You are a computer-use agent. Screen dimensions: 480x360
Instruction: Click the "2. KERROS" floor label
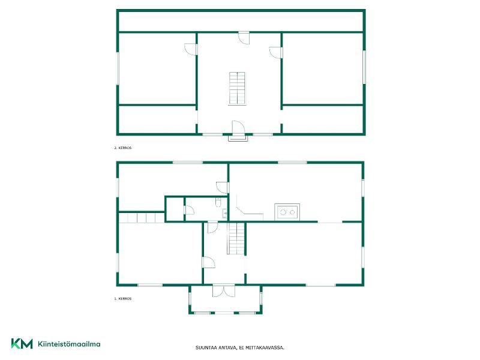(123, 148)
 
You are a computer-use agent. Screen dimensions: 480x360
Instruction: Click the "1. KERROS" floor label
(123, 299)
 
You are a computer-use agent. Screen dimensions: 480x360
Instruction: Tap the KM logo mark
(22, 343)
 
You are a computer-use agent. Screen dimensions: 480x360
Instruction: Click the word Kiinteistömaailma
(69, 344)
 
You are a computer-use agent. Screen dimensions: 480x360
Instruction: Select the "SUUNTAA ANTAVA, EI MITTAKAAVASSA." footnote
(240, 348)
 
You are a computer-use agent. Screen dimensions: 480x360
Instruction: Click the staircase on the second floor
(237, 88)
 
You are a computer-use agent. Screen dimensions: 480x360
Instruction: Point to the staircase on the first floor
(236, 238)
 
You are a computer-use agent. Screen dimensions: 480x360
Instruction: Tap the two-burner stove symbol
(287, 212)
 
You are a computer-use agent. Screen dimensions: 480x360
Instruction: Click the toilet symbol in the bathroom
(218, 202)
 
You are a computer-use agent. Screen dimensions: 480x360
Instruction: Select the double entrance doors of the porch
(224, 291)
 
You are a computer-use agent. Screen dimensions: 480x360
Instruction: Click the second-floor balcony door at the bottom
(238, 128)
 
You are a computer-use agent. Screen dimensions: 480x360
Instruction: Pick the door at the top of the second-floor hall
(244, 38)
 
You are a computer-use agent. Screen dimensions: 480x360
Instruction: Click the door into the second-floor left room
(191, 49)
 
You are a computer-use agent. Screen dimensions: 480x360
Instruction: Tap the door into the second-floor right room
(275, 52)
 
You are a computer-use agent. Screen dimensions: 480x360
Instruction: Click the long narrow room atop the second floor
(241, 22)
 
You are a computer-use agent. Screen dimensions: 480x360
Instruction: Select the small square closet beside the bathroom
(175, 209)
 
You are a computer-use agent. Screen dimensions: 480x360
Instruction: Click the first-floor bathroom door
(189, 209)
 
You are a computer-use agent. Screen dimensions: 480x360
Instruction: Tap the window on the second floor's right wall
(364, 67)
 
